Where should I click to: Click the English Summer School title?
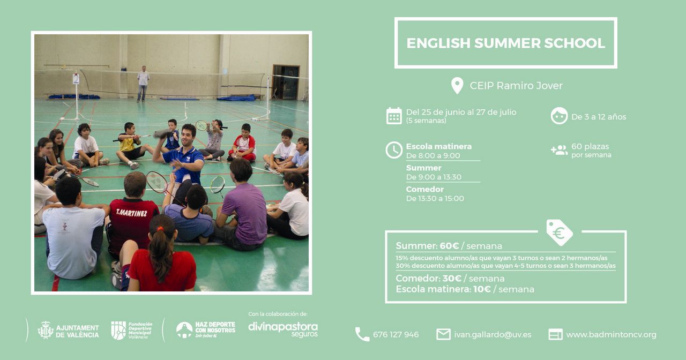[505, 43]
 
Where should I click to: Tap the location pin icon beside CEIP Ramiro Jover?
[457, 85]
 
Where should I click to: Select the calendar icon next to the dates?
[394, 116]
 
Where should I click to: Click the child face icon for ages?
[559, 116]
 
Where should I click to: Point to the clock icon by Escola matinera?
[394, 150]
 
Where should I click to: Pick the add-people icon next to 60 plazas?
[559, 150]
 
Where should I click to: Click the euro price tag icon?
[559, 232]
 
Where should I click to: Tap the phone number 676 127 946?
[396, 335]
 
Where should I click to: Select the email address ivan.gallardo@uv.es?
[493, 335]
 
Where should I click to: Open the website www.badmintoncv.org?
[611, 335]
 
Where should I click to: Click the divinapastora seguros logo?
[283, 329]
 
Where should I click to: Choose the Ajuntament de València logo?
[68, 331]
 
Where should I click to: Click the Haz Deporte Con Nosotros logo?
[206, 329]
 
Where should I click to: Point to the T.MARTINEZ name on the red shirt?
[131, 213]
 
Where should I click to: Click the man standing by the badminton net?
[143, 84]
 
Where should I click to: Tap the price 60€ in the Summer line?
[449, 246]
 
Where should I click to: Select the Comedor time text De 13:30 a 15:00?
[435, 199]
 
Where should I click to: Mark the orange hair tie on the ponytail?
[160, 229]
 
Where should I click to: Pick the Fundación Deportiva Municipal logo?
[132, 331]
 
